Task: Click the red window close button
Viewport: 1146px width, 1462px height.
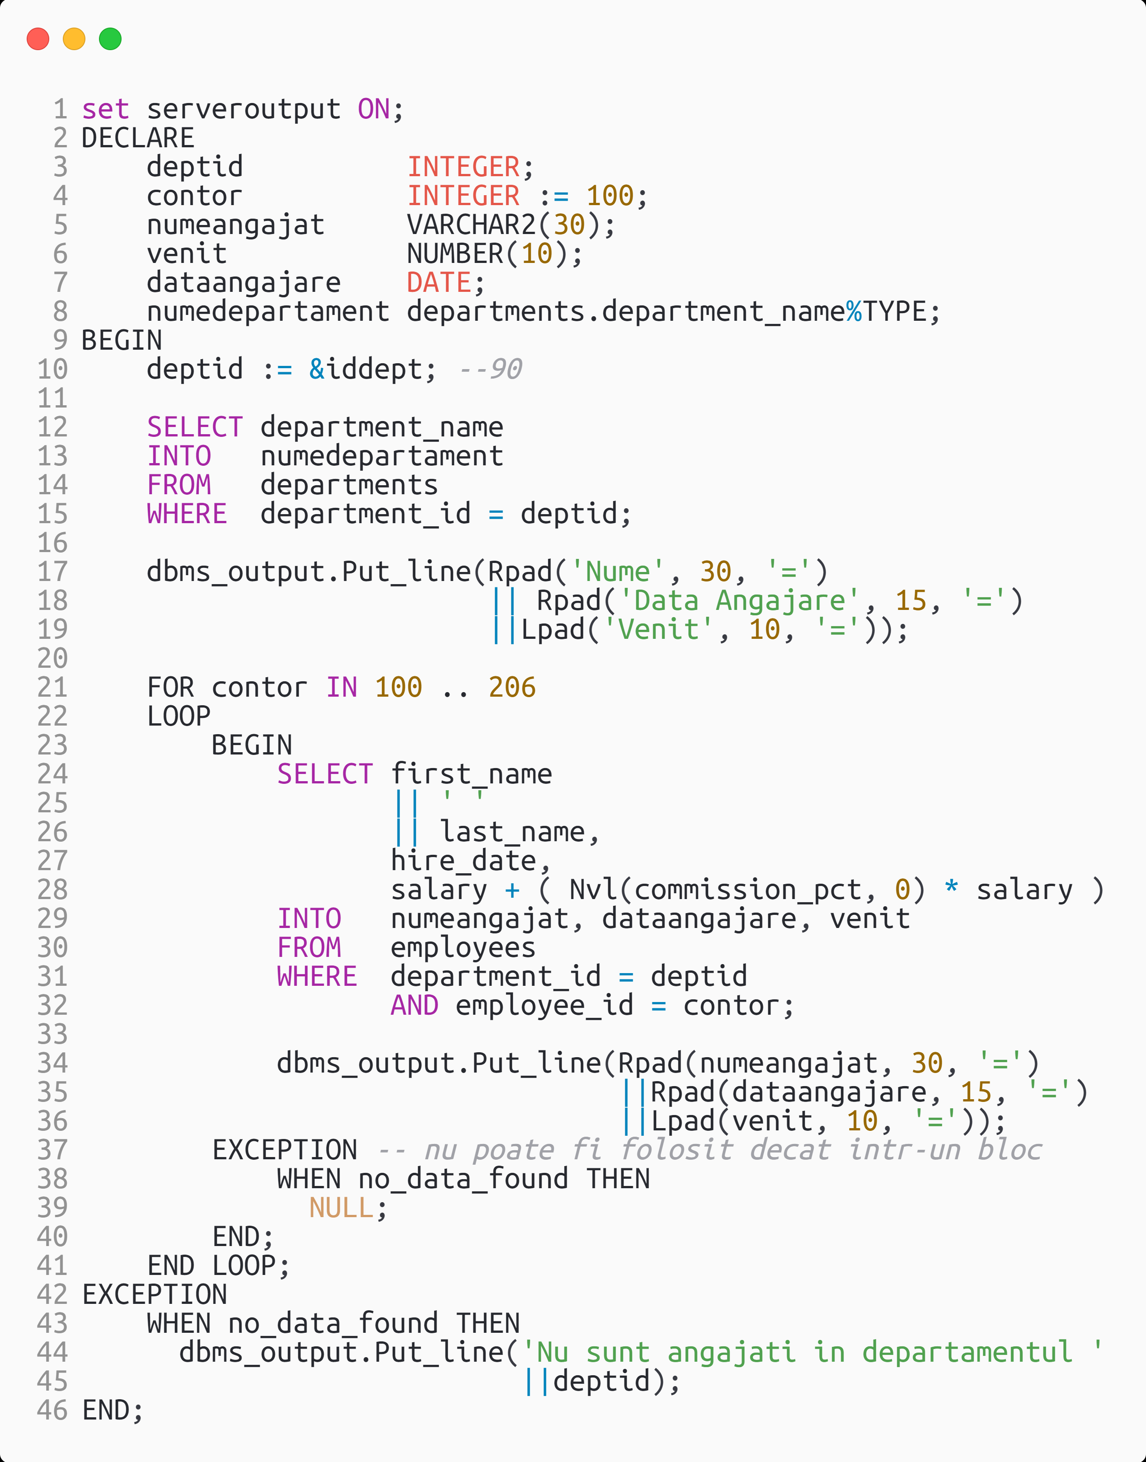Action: click(x=38, y=39)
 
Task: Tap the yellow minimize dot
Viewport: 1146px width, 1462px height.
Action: click(x=75, y=39)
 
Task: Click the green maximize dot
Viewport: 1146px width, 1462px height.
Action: click(x=111, y=39)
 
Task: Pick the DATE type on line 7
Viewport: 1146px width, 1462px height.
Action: click(x=440, y=282)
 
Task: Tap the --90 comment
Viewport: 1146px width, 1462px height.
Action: click(x=490, y=369)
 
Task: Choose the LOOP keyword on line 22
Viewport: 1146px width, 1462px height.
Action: click(x=179, y=716)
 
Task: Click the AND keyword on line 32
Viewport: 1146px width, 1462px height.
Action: click(x=415, y=1005)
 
